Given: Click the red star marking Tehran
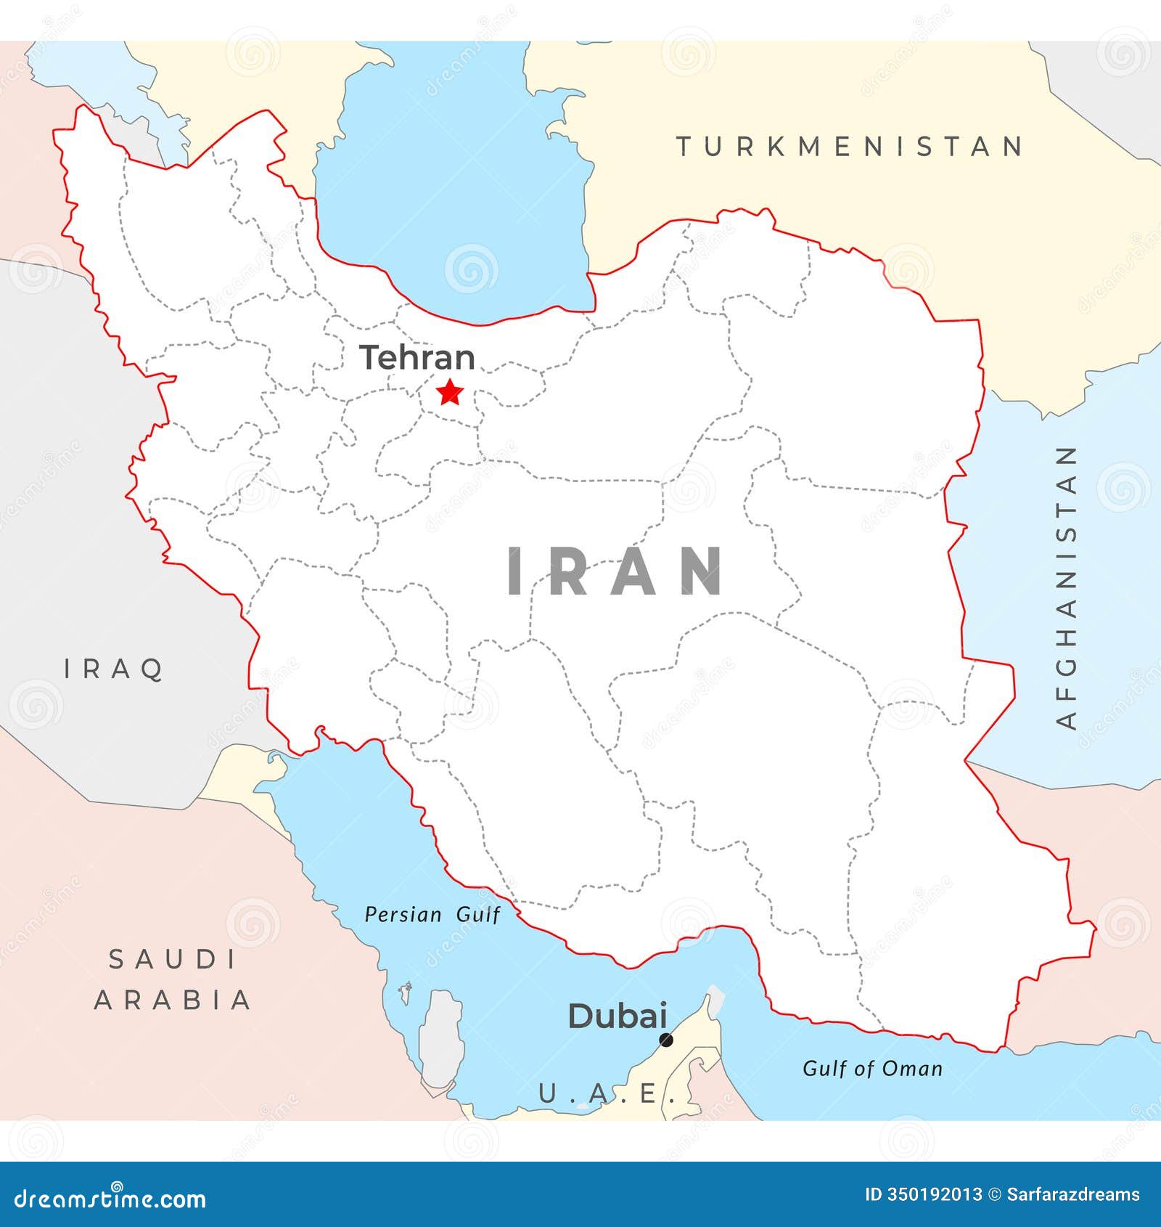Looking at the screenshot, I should coord(450,393).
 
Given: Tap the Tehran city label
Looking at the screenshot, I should coord(417,358).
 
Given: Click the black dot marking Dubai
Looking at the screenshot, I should coord(665,1040).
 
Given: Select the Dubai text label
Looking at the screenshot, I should coord(617,1016).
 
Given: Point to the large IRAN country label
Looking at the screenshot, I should coord(615,572).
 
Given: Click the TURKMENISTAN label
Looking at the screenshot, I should coord(850,147).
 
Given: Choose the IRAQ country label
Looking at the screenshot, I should coord(114,669).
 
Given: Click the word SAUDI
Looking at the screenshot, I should coord(173,960).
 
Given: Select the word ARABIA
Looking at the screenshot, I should coord(173,1000).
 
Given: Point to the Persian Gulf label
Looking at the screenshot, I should coord(432,914).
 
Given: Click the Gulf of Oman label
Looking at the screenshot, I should coord(872,1069).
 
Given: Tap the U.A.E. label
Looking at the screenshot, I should coord(606,1093).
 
